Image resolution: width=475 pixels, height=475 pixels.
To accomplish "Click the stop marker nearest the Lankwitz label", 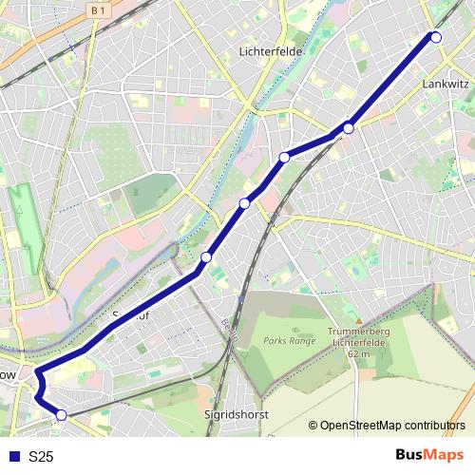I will (436, 37).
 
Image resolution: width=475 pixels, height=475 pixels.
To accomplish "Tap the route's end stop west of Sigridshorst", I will (62, 414).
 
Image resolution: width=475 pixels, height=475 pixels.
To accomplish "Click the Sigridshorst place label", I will (237, 415).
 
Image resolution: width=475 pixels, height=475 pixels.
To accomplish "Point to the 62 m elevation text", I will (358, 353).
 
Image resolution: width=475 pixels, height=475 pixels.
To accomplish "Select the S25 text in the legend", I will (41, 457).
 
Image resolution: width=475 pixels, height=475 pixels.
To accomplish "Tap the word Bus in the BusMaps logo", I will (411, 455).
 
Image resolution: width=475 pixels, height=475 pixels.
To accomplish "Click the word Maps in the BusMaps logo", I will (446, 455).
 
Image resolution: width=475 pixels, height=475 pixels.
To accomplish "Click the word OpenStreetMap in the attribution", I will (366, 426).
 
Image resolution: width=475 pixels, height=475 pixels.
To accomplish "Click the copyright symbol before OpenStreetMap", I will (313, 426).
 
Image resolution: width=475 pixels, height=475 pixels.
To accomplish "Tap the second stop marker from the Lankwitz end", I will (349, 127).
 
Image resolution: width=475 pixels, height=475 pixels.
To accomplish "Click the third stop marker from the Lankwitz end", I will (285, 157).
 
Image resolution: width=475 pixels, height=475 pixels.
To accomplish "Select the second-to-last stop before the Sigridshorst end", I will (206, 256).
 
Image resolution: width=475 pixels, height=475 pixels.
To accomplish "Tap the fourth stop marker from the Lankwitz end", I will (244, 203).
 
